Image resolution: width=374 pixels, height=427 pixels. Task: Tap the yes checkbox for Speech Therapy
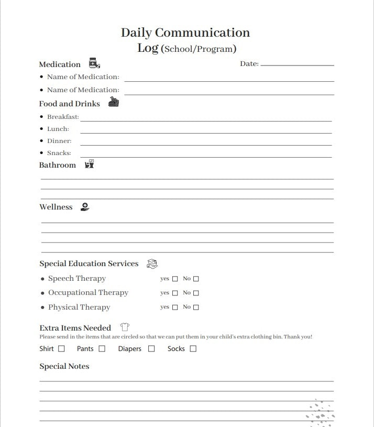[175, 279]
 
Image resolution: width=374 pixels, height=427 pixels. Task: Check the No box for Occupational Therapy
[196, 293]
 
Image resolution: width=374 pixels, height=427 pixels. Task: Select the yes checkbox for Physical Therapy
[175, 308]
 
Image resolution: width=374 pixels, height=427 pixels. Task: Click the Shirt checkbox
[61, 348]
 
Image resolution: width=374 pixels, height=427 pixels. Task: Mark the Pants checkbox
[102, 348]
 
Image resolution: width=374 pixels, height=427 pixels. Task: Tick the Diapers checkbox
[151, 348]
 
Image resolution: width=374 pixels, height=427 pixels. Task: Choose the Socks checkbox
[193, 348]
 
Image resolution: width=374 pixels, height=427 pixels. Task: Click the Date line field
[297, 64]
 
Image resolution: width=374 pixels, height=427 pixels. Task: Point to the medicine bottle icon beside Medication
[94, 63]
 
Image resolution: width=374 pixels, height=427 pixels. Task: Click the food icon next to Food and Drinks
[114, 102]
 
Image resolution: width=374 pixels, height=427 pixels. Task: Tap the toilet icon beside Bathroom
[90, 164]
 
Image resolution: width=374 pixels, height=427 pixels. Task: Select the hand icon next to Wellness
[85, 207]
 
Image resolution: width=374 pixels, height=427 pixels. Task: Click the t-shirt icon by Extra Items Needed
[125, 328]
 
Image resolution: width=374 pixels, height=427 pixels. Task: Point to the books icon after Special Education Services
[152, 264]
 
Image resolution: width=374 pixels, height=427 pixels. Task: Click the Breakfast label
[63, 117]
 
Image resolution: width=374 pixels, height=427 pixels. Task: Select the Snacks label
[59, 153]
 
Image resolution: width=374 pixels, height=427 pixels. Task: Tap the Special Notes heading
[64, 366]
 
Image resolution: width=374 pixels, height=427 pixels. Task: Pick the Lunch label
[58, 129]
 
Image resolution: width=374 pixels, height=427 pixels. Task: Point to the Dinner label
[59, 141]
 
